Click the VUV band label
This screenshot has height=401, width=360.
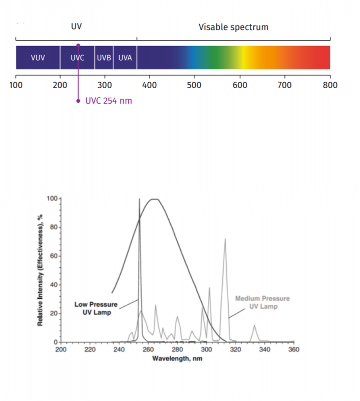(38, 57)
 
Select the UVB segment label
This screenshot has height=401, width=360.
(104, 57)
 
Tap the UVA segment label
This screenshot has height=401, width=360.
(125, 57)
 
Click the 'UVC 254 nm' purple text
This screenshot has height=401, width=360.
(109, 101)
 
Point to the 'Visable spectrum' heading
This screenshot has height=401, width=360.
(233, 27)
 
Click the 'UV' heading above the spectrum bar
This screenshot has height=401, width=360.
(76, 27)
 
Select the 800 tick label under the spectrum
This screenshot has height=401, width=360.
(330, 85)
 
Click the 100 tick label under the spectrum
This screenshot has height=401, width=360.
(16, 85)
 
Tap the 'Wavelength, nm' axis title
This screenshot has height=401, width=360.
(177, 359)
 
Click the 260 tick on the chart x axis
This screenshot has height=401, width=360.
(148, 349)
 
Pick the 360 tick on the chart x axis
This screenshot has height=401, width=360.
(294, 349)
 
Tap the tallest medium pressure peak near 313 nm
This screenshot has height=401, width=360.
(225, 240)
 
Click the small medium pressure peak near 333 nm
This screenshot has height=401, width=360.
(254, 326)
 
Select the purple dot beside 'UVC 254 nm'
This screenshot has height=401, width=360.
(78, 101)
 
